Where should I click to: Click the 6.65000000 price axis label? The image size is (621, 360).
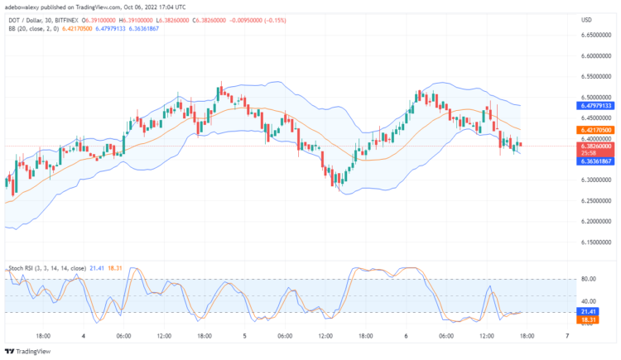[x=596, y=35]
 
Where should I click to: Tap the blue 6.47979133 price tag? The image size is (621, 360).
[x=596, y=106]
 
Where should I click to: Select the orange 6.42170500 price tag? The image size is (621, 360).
[x=596, y=130]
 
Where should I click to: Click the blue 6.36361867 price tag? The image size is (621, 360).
[x=596, y=161]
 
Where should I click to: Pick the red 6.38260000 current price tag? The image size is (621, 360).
[x=596, y=146]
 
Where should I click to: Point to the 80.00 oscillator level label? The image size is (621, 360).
[x=589, y=280]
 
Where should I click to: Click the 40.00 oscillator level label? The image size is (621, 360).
[x=589, y=301]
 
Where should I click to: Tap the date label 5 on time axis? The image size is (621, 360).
[x=245, y=337]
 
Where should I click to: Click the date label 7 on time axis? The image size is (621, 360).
[x=566, y=337]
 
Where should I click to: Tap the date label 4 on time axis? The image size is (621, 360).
[x=84, y=337]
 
